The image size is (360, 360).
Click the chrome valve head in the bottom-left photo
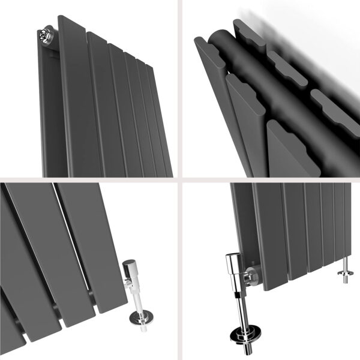click(x=130, y=270)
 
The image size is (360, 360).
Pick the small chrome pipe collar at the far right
click(x=345, y=276)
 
